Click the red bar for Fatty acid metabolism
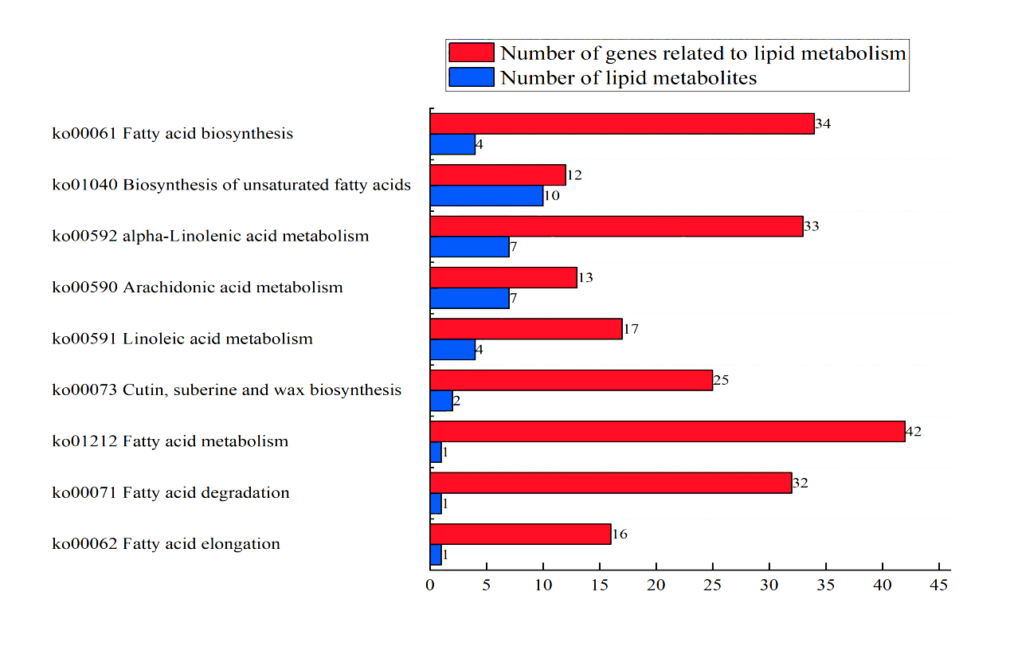coord(667,431)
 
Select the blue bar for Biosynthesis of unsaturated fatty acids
coord(487,196)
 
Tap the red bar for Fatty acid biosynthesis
coord(622,123)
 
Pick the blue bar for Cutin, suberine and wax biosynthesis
coord(441,401)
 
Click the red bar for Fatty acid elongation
coord(520,534)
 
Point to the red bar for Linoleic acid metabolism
coord(526,329)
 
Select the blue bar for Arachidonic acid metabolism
coord(469,298)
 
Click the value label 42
coord(914,431)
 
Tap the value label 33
coord(812,226)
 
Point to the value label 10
coord(552,196)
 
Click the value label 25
coord(721,380)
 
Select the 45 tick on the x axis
coord(939,585)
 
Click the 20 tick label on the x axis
coord(656,585)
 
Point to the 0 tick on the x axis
coord(430,585)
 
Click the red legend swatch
coord(472,53)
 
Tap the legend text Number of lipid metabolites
coord(628,78)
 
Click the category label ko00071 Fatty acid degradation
coord(171,492)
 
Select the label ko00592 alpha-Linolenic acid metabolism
coord(211,236)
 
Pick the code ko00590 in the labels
coord(85,288)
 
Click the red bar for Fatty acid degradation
coord(611,483)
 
